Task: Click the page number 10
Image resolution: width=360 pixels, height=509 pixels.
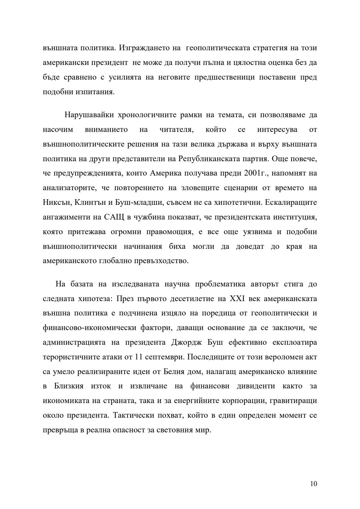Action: coord(313,484)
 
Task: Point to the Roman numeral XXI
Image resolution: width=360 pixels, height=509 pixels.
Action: coord(237,298)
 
